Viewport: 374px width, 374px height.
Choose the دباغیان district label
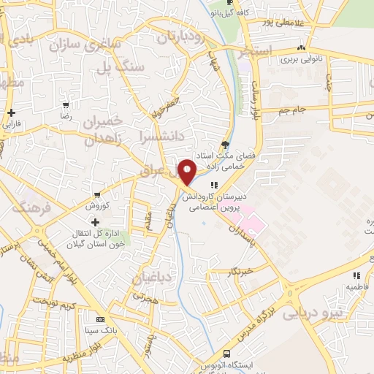153,278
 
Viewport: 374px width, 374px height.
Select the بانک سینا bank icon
99,319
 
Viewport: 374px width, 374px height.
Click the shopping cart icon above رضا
65,106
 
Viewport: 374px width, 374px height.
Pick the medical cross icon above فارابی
12,112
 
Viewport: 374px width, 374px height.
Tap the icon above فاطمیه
356,275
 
